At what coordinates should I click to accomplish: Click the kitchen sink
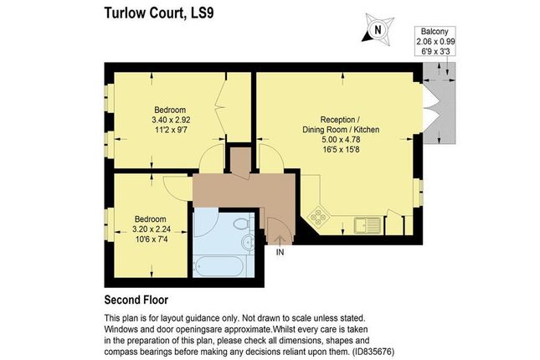pyautogui.click(x=366, y=224)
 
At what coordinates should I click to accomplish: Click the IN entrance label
pyautogui.click(x=280, y=250)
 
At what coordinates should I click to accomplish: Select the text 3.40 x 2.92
pyautogui.click(x=171, y=120)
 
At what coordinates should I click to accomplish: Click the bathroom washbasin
pyautogui.click(x=249, y=243)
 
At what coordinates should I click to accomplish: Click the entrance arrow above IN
pyautogui.click(x=280, y=239)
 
